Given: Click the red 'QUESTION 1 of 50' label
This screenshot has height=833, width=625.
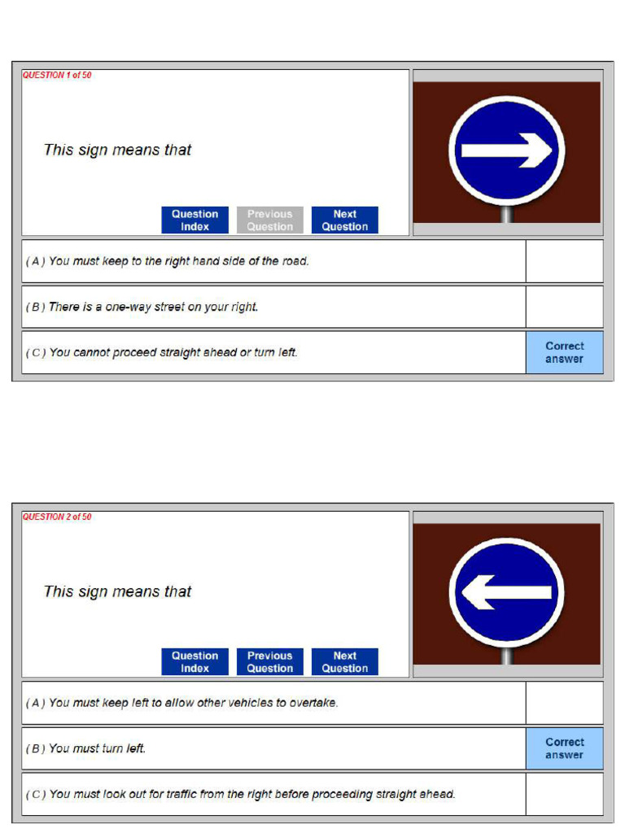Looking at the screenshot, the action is tap(57, 75).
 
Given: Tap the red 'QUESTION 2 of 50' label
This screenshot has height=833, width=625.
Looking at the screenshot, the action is tap(57, 517).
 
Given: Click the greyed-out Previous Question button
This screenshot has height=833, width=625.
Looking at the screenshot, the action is tap(270, 220).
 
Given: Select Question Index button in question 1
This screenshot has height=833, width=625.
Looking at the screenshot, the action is tap(195, 220).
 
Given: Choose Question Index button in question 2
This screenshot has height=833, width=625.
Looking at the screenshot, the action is tap(195, 661).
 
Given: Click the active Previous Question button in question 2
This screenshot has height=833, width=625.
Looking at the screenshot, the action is tap(270, 661).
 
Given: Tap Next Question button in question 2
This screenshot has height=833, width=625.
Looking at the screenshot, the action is tap(345, 661).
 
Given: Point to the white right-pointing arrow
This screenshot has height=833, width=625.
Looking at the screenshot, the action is tap(506, 150).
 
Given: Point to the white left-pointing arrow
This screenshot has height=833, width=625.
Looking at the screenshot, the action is tap(506, 592).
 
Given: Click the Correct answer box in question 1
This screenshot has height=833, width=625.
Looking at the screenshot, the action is tap(565, 353).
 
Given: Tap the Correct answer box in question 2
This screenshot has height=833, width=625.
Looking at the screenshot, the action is tap(565, 748).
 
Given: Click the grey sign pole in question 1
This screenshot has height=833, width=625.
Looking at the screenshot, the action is tap(507, 214).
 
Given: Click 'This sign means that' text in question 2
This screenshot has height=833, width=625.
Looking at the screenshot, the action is tap(117, 592).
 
